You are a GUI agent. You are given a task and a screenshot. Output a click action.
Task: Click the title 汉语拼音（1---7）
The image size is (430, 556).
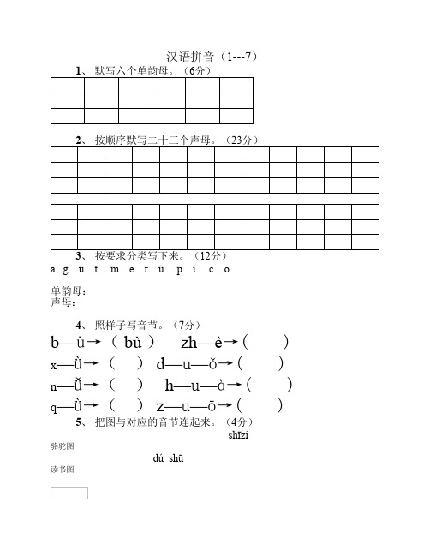coord(214,57)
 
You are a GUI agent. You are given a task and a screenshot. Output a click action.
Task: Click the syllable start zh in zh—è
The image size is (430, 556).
coord(189,343)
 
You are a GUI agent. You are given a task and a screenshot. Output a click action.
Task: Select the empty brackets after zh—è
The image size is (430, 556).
coord(266,343)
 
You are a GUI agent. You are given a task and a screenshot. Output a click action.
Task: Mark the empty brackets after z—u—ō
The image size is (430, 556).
coord(260,406)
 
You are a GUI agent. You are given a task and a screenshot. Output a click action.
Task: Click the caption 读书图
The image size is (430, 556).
coord(63,470)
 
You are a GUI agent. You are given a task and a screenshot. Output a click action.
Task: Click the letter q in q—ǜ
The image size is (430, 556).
coord(56,407)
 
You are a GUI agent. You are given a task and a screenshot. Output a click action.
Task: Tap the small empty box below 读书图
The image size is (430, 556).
coord(69,493)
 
